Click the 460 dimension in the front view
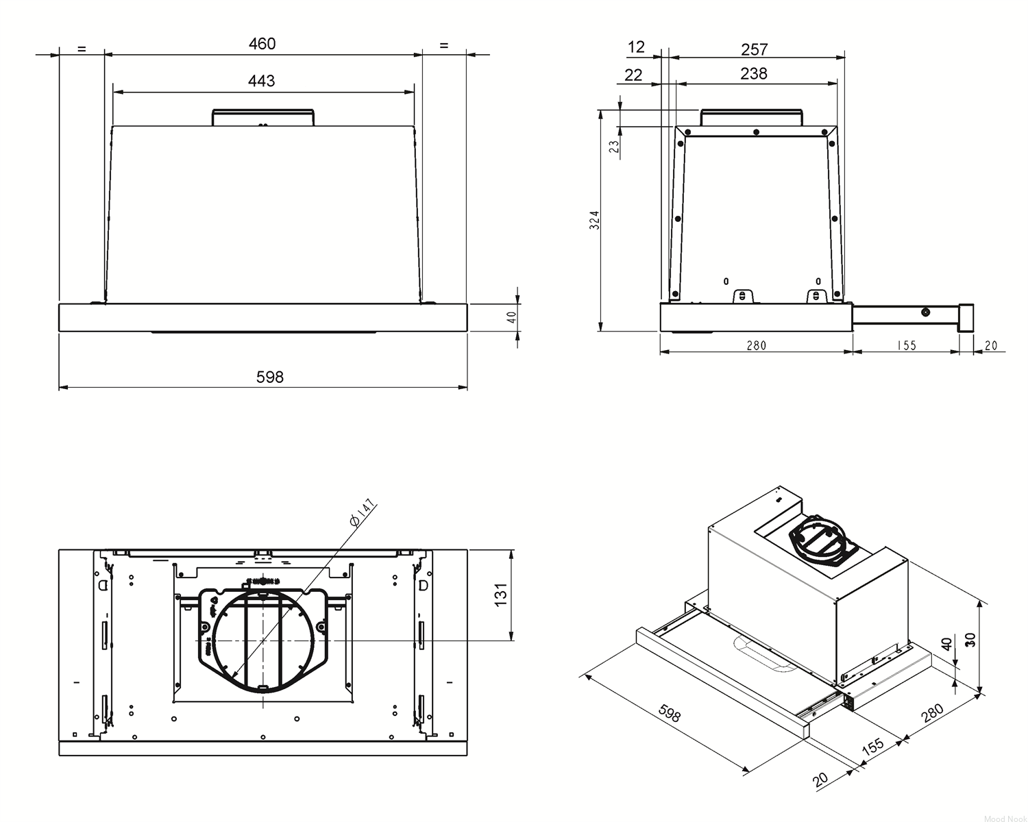tap(262, 44)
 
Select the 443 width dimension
tap(261, 81)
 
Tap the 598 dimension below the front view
tap(270, 377)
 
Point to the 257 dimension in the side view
tap(755, 49)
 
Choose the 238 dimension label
tap(754, 73)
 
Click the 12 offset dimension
tap(636, 47)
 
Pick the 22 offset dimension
tap(633, 75)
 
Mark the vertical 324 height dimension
tap(594, 220)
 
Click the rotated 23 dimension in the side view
tap(614, 146)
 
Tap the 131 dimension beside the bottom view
tap(500, 595)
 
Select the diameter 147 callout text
tap(362, 513)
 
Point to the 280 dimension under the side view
tap(756, 345)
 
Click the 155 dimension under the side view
tap(906, 345)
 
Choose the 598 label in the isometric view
tap(670, 714)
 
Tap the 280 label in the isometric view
tap(932, 713)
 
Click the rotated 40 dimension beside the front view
tap(512, 317)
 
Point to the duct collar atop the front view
tap(263, 118)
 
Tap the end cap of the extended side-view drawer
tap(966, 318)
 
